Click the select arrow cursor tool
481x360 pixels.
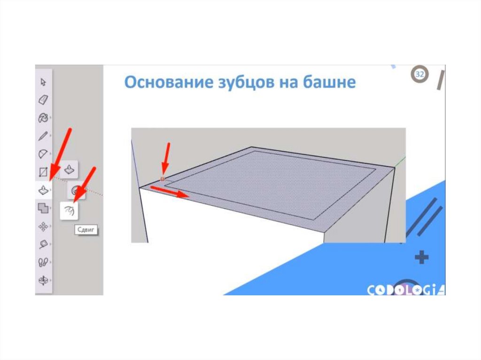click(x=43, y=82)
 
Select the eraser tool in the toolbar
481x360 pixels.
click(x=43, y=100)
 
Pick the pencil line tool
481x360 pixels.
click(x=43, y=136)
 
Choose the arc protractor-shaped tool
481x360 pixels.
click(x=43, y=153)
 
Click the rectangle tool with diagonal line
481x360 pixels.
click(x=43, y=172)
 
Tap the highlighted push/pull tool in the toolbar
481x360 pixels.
click(x=43, y=190)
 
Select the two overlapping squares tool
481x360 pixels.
click(x=43, y=208)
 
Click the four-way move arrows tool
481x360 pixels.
click(x=43, y=226)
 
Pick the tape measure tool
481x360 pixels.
click(x=43, y=244)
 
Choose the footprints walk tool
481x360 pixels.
click(x=43, y=262)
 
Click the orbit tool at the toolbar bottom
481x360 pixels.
click(x=43, y=280)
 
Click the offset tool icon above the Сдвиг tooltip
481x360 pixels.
click(x=69, y=211)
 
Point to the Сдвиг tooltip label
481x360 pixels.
click(x=86, y=230)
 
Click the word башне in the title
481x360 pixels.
click(x=329, y=82)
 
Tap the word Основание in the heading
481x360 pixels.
click(x=169, y=82)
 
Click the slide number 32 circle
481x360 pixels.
click(x=419, y=74)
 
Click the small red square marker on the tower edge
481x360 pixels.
click(x=163, y=179)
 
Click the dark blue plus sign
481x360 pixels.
click(x=422, y=257)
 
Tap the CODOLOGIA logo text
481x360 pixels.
click(x=406, y=290)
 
